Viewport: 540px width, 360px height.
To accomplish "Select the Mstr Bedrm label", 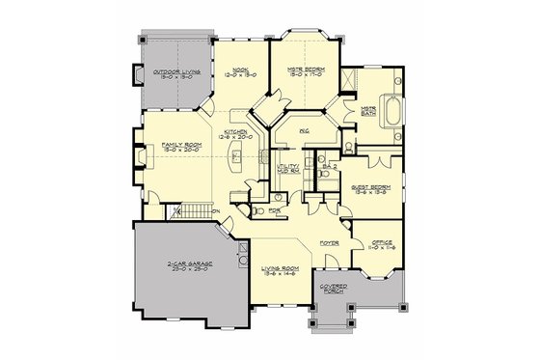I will (x=304, y=69).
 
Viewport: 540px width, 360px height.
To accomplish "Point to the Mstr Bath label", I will (x=368, y=111).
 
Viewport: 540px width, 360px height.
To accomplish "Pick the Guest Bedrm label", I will (x=369, y=189).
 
